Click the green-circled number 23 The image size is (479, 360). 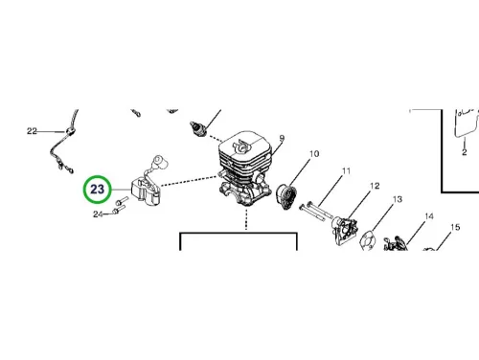[98, 190]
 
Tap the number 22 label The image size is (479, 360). [32, 131]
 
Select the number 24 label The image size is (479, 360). [98, 214]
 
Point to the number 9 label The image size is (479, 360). [282, 139]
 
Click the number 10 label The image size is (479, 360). [314, 154]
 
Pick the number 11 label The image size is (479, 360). [346, 171]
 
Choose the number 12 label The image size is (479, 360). [375, 186]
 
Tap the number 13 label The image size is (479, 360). [397, 199]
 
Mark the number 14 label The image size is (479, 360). [429, 216]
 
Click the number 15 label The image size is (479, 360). [455, 227]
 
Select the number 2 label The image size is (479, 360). [465, 152]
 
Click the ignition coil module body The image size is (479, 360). [146, 191]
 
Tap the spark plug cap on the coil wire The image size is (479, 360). [161, 161]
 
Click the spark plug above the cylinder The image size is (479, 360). [198, 128]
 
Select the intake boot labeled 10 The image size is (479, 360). [286, 195]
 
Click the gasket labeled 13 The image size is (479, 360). [367, 241]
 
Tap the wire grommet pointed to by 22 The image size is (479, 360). [70, 131]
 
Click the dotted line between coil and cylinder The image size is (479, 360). [189, 181]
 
